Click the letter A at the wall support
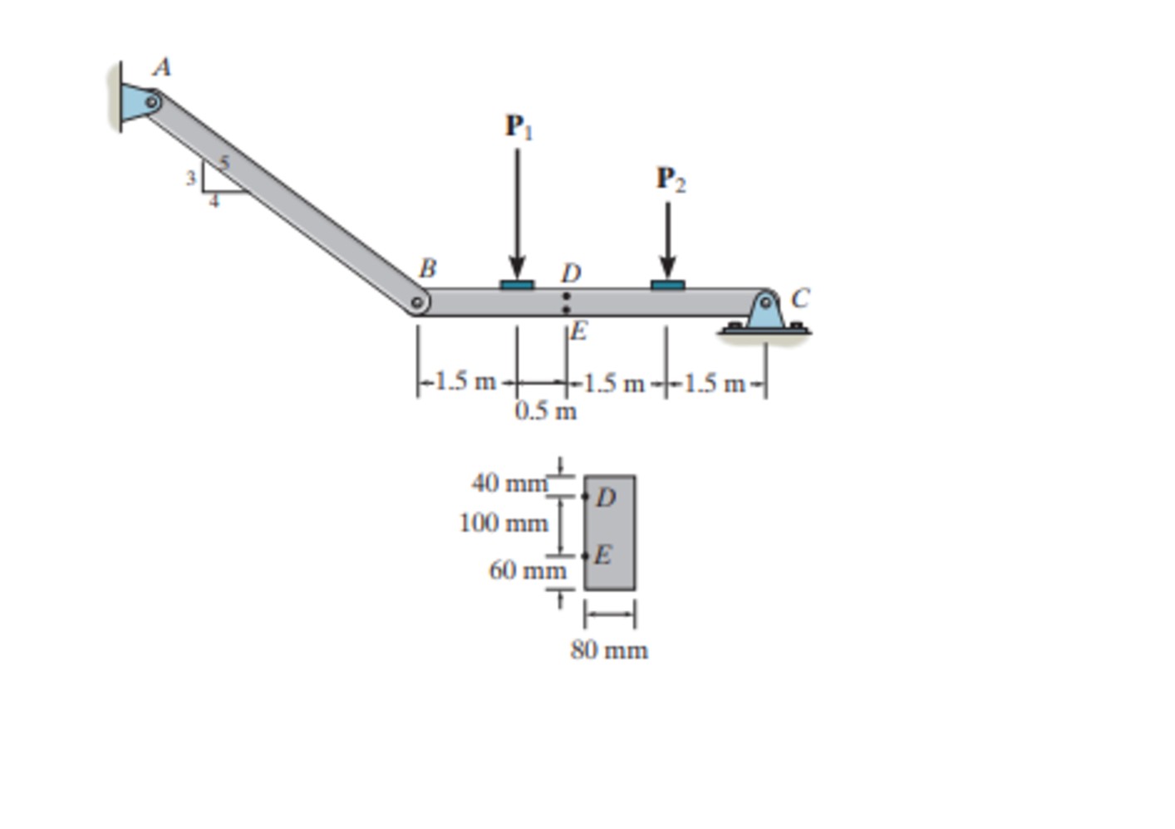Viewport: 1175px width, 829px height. coord(162,67)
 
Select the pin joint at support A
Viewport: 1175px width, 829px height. coord(152,102)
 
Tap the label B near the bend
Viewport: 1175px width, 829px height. coord(427,268)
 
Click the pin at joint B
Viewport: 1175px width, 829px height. coord(418,302)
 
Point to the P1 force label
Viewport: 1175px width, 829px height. coord(519,126)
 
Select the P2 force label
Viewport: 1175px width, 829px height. coord(671,179)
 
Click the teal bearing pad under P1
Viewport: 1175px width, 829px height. coord(517,285)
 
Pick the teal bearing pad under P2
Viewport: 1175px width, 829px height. coord(667,285)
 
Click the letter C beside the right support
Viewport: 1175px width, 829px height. coord(799,298)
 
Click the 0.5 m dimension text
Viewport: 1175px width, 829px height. coord(545,411)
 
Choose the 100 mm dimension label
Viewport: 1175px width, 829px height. coord(504,523)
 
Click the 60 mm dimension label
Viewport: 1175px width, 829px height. coord(527,571)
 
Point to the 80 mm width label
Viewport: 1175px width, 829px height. coord(609,650)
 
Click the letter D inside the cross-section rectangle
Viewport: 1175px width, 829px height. coord(606,498)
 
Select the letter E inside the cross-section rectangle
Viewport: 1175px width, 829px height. coord(604,554)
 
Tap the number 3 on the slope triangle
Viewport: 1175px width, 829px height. coord(190,178)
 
